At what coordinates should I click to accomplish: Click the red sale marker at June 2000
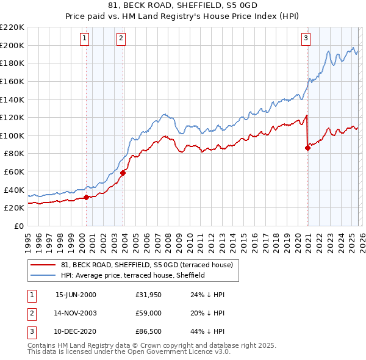(x=86, y=197)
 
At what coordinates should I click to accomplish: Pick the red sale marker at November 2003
(x=123, y=173)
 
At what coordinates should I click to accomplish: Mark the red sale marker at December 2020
(x=307, y=148)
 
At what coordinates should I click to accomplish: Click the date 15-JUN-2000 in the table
(x=76, y=295)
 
